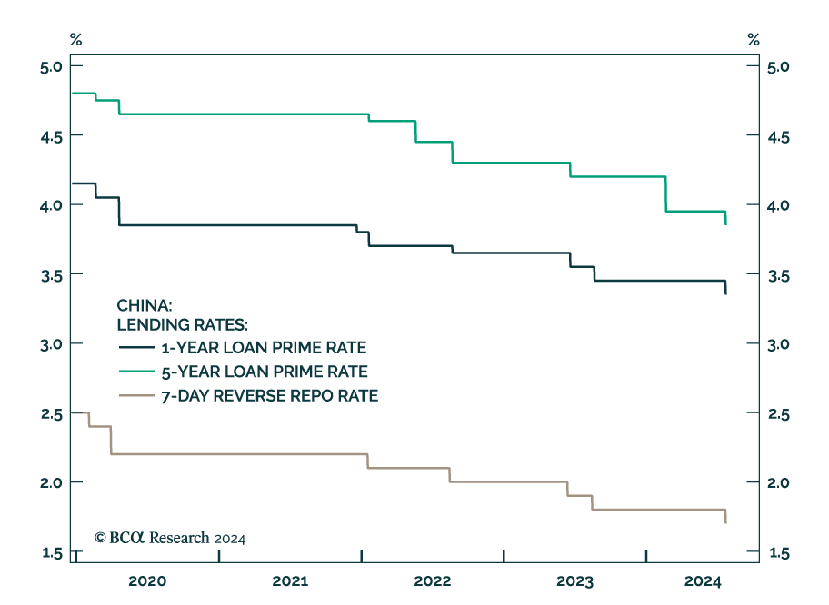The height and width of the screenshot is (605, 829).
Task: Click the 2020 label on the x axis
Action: point(147,580)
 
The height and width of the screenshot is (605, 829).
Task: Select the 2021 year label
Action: point(290,580)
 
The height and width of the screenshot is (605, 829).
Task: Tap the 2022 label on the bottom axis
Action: point(433,580)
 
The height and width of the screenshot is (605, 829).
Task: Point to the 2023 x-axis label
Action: point(574,580)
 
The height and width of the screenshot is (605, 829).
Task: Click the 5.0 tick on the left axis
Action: point(50,67)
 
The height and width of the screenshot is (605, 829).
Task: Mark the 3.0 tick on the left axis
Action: point(50,344)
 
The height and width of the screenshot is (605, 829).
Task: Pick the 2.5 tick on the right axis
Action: point(778,414)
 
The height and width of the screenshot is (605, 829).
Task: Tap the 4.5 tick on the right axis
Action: point(778,137)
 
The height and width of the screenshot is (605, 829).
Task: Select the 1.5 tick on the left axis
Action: point(50,553)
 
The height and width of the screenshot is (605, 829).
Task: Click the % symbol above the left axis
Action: point(76,39)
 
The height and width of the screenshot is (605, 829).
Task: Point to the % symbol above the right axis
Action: point(753,39)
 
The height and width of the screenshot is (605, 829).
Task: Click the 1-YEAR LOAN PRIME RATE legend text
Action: point(264,348)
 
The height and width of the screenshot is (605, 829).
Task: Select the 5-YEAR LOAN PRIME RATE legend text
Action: point(264,372)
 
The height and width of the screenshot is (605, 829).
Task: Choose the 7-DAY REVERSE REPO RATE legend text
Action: point(269,395)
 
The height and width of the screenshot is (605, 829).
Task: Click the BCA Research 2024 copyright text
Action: point(171,538)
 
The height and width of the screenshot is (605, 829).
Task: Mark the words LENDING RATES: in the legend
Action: point(182,324)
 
